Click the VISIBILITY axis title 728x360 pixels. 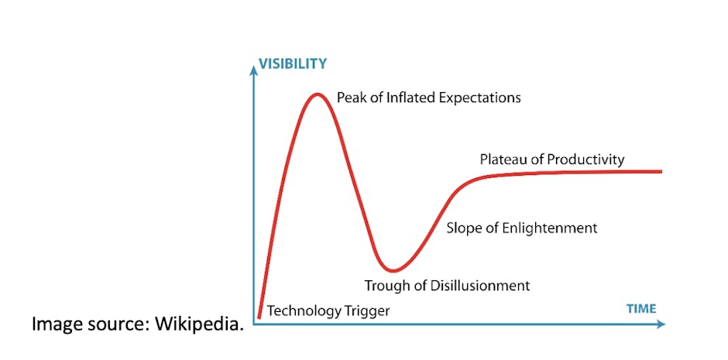click(293, 63)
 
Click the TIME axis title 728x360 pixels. click(641, 308)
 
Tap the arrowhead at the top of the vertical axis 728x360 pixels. click(253, 70)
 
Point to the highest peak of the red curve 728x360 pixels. click(317, 94)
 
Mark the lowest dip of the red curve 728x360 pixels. click(393, 269)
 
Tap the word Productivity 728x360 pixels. click(586, 160)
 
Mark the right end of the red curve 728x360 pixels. click(661, 172)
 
